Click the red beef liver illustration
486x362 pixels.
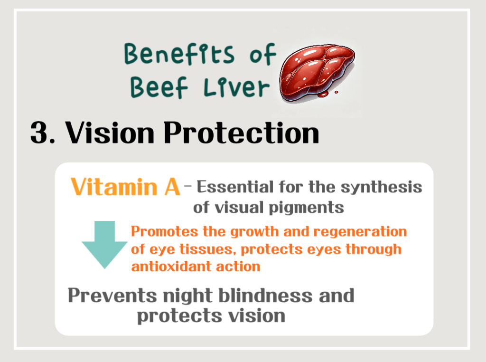tap(316, 72)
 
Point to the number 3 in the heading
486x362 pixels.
tap(40, 133)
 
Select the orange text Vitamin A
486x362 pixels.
tap(125, 187)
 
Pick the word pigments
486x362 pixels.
tap(309, 208)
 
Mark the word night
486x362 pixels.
tap(187, 296)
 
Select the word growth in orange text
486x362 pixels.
tap(245, 232)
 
